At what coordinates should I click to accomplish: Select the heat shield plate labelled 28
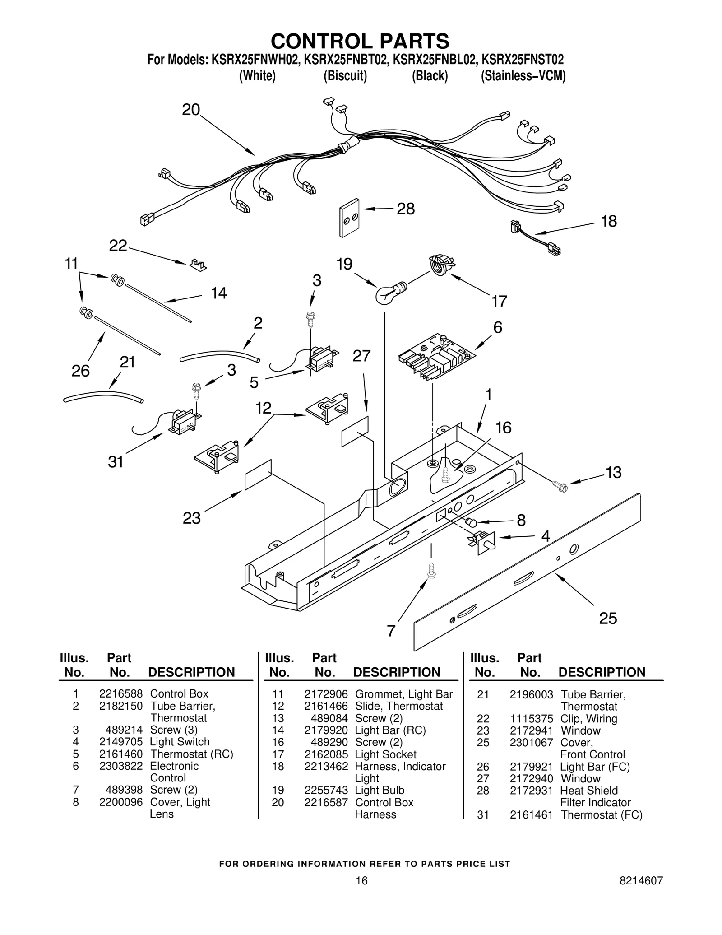(x=349, y=218)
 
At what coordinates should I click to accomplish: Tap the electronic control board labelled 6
(x=436, y=357)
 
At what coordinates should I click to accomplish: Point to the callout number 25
(x=607, y=618)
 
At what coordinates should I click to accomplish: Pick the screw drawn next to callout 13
(x=560, y=486)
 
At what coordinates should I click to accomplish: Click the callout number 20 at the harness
(x=191, y=110)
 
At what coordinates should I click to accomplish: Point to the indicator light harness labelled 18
(x=536, y=237)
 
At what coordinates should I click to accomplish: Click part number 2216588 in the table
(x=120, y=693)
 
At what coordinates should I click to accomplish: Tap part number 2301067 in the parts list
(x=531, y=742)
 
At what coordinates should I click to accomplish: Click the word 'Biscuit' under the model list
(x=345, y=76)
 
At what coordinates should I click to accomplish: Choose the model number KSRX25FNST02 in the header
(x=523, y=60)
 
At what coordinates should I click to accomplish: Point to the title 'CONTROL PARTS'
(x=360, y=41)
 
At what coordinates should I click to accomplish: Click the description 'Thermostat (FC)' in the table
(x=601, y=814)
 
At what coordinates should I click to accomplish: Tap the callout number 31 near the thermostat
(x=116, y=461)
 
